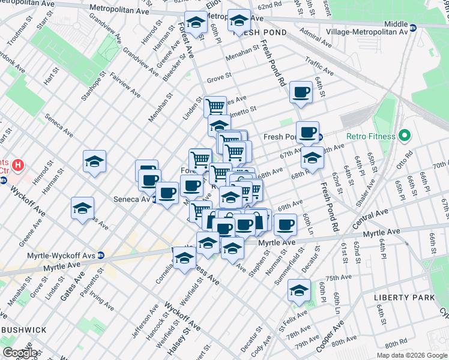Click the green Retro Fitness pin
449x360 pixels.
click(x=405, y=136)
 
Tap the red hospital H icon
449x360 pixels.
click(x=19, y=163)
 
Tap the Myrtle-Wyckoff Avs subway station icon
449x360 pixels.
click(x=101, y=255)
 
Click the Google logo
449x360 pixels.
click(x=20, y=353)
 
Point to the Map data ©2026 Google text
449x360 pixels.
click(x=411, y=355)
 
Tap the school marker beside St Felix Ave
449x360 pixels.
click(x=299, y=290)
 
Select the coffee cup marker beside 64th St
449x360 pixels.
click(x=301, y=92)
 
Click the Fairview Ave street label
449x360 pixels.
click(x=125, y=85)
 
